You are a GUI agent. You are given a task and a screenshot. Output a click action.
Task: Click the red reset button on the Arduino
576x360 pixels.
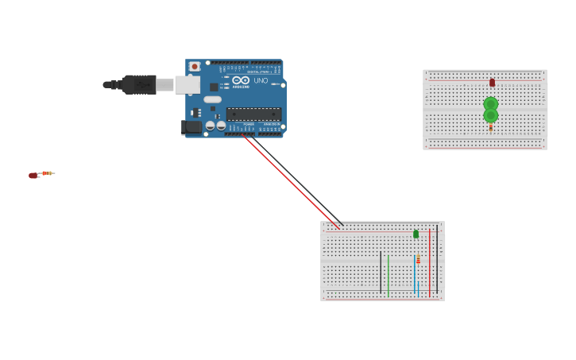[x=195, y=67]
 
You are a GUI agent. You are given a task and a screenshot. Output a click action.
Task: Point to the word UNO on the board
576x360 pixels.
[x=261, y=80]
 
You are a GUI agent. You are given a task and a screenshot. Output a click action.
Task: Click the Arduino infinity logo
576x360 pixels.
[x=241, y=80]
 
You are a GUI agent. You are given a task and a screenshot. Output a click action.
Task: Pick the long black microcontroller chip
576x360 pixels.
[x=253, y=114]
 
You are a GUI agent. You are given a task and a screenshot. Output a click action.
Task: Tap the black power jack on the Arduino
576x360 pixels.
[x=191, y=126]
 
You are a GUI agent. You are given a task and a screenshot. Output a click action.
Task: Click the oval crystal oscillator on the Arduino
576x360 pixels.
[x=212, y=100]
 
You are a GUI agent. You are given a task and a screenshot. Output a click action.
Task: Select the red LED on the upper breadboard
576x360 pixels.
[x=492, y=83]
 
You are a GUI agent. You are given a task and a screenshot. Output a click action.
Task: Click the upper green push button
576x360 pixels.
[x=491, y=103]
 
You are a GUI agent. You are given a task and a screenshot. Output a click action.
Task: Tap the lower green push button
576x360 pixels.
[x=491, y=116]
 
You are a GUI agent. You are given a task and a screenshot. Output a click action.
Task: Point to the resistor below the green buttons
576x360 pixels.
[x=491, y=127]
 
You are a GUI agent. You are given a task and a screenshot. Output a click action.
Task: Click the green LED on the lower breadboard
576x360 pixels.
[x=416, y=234]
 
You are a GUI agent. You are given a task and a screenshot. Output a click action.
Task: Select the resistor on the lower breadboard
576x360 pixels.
[x=418, y=260]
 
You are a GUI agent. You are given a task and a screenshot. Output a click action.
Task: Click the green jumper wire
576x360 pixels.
[x=388, y=274]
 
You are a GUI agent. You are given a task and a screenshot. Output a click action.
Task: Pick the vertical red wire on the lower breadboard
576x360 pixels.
[x=429, y=262]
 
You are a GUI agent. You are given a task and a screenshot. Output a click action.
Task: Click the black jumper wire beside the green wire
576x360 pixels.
[x=381, y=270]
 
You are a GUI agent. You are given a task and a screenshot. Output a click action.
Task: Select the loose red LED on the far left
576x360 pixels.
[x=33, y=175]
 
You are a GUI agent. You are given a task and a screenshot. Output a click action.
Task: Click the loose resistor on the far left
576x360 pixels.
[x=48, y=173]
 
